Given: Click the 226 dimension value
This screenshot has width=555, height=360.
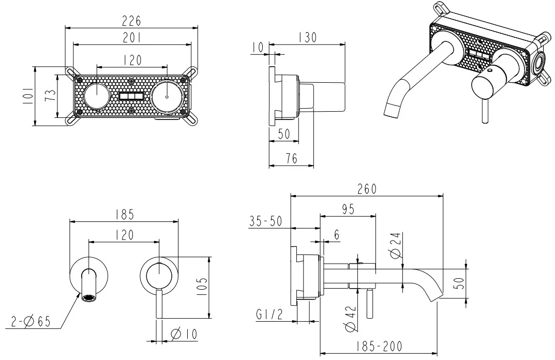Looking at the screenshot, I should [x=131, y=21].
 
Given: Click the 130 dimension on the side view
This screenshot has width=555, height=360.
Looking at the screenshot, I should [x=308, y=38].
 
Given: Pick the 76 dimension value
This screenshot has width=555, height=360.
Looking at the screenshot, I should [x=291, y=159].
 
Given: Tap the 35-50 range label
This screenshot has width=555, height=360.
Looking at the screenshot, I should [x=265, y=221].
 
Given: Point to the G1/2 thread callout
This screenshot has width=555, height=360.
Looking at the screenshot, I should [x=269, y=314].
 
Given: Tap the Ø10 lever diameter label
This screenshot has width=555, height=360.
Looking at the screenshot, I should [x=184, y=334].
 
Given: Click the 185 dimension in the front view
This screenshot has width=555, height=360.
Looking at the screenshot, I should [x=124, y=214].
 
